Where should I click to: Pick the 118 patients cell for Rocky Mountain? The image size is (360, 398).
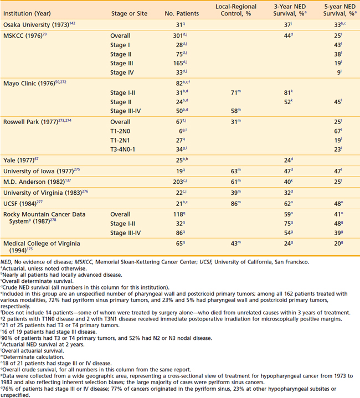[x=176, y=214]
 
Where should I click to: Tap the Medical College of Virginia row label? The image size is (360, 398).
[x=42, y=244]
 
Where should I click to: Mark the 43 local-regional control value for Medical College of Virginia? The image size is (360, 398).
[x=232, y=244]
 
